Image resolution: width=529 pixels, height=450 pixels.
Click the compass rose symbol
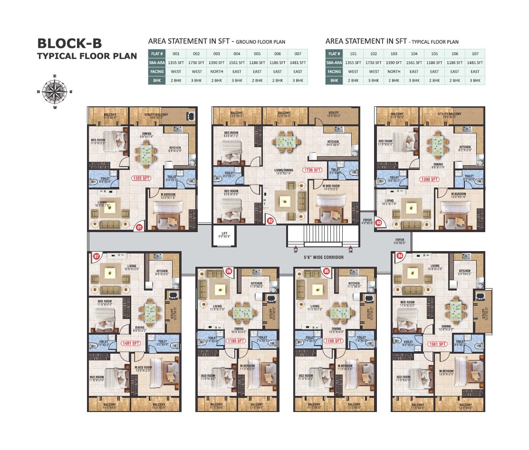[x=55, y=92]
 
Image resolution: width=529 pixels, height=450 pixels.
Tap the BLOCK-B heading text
[x=69, y=44]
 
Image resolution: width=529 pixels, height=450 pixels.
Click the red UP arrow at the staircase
[x=296, y=248]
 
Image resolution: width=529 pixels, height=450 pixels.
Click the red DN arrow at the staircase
[x=351, y=248]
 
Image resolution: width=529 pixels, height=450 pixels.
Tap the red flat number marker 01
[x=140, y=227]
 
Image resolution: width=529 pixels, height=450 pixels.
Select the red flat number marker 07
[x=96, y=256]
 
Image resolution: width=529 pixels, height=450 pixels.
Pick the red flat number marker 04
[x=399, y=256]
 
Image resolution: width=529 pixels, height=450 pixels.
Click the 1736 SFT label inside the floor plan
[x=312, y=170]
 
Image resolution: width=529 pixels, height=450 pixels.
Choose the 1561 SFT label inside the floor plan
[x=436, y=344]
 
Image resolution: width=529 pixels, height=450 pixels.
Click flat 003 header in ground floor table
[x=216, y=54]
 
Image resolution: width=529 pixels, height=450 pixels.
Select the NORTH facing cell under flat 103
[x=394, y=72]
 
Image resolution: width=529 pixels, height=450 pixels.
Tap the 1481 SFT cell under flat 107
[x=475, y=63]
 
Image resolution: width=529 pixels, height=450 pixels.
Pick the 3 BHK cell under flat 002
[x=196, y=81]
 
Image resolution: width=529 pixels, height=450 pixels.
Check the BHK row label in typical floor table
[x=334, y=81]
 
